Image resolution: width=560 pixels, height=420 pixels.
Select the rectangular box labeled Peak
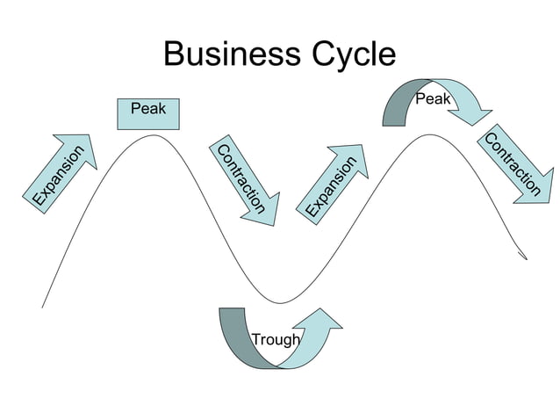[x=148, y=114]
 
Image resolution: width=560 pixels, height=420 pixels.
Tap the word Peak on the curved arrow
[x=433, y=99]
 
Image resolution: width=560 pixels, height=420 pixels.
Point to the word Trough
[x=276, y=340]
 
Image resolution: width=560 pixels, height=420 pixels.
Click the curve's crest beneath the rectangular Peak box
[x=154, y=135]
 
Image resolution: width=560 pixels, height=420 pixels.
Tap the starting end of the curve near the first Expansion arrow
[x=42, y=307]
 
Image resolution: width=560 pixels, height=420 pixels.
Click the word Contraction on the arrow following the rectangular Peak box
[x=240, y=178]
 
